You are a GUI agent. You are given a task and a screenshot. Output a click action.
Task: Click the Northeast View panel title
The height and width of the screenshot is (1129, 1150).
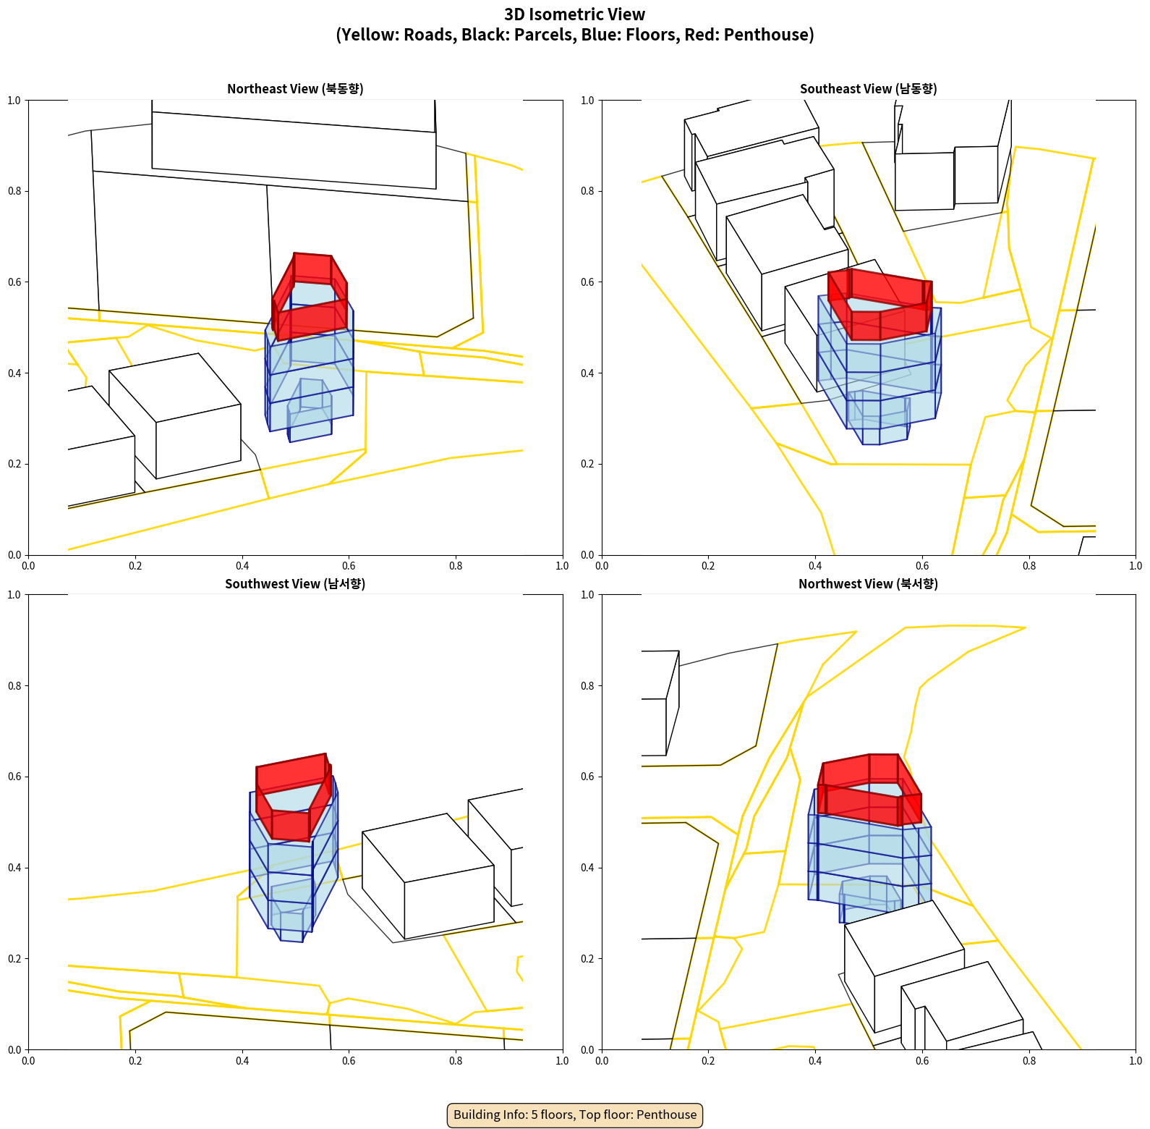click(295, 89)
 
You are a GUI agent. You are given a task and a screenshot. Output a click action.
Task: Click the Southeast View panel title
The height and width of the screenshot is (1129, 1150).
click(868, 89)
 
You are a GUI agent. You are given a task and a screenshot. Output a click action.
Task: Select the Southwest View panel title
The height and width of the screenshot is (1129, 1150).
click(295, 584)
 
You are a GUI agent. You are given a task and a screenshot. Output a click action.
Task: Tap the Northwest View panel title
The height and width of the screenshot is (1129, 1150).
click(868, 584)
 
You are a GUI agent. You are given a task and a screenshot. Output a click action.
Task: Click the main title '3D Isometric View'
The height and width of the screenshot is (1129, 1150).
click(575, 14)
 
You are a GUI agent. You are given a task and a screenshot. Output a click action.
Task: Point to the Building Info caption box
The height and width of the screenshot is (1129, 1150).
click(575, 1115)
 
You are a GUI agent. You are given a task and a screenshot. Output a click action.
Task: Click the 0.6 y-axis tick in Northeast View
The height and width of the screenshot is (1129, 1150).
click(14, 282)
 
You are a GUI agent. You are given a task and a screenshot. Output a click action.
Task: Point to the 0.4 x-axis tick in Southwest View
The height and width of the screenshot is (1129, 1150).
click(242, 1061)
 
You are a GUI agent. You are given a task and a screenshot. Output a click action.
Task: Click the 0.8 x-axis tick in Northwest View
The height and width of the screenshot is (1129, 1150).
click(1029, 1061)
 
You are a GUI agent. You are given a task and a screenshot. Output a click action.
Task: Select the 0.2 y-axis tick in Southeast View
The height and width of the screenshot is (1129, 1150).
click(588, 464)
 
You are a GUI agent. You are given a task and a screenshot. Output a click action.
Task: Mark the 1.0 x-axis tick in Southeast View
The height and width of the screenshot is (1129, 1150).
click(1136, 566)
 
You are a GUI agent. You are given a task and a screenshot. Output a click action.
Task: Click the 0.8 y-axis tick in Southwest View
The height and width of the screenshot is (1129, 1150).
click(14, 686)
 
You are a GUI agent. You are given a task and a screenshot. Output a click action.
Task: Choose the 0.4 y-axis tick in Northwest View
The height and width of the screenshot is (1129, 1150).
click(588, 868)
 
